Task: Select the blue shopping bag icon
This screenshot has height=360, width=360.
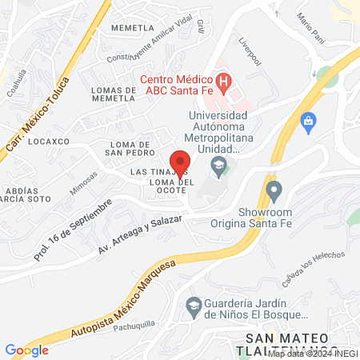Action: [x=306, y=120]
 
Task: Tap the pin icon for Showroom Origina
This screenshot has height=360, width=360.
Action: [x=274, y=191]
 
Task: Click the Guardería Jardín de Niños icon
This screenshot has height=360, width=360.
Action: [x=193, y=305]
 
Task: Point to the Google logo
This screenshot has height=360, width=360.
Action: [x=26, y=350]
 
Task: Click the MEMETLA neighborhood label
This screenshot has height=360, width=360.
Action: [x=132, y=27]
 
